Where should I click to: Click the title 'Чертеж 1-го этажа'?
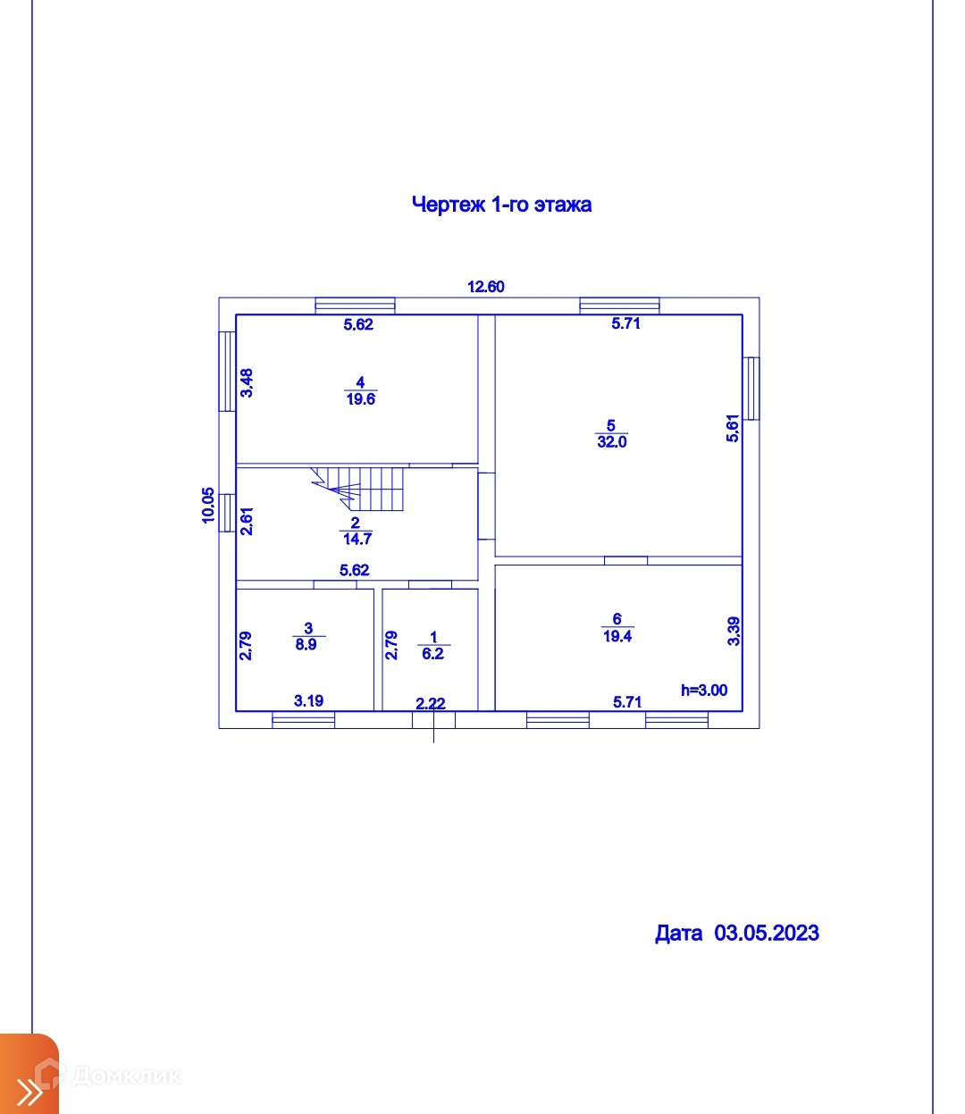501,205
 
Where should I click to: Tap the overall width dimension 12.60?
486,287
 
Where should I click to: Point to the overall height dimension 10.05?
208,505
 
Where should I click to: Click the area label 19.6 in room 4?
361,400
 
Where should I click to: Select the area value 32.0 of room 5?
612,442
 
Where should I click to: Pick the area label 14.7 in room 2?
357,539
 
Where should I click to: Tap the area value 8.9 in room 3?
306,644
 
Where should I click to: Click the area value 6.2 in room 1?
433,654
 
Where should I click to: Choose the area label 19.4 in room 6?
617,636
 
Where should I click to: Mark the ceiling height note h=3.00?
704,690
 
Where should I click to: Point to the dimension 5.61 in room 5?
733,429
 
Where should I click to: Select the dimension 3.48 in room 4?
248,382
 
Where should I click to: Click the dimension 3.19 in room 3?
309,700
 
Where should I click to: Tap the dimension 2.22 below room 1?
431,704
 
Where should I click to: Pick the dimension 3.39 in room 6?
734,632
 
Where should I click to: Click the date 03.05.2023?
767,933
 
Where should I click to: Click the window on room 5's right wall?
752,388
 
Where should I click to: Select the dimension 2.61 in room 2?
248,521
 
